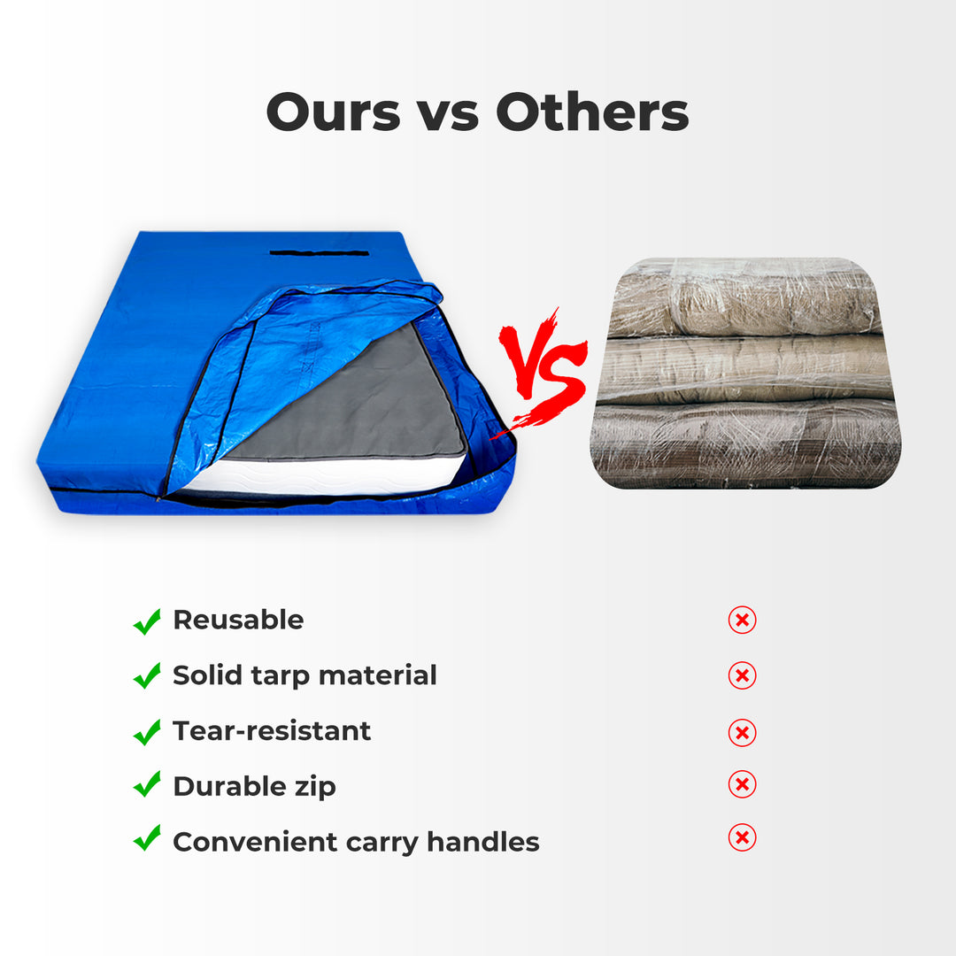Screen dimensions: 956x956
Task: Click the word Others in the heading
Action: point(592,112)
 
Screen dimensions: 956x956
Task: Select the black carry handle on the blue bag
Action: point(319,253)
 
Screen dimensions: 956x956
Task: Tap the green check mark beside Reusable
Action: point(147,621)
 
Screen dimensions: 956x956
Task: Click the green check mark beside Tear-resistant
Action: point(147,732)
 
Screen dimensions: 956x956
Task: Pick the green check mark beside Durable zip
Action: point(147,784)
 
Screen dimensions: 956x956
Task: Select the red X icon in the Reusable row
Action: point(742,621)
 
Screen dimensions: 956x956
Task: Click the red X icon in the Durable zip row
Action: point(742,784)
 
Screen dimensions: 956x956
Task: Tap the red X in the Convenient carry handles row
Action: point(742,837)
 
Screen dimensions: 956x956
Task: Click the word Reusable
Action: point(238,621)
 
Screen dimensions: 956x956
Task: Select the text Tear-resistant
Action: point(272,731)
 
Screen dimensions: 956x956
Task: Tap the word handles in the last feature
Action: point(483,841)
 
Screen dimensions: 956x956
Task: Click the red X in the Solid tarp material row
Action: point(742,676)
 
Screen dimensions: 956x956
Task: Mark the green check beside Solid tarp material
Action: point(147,676)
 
